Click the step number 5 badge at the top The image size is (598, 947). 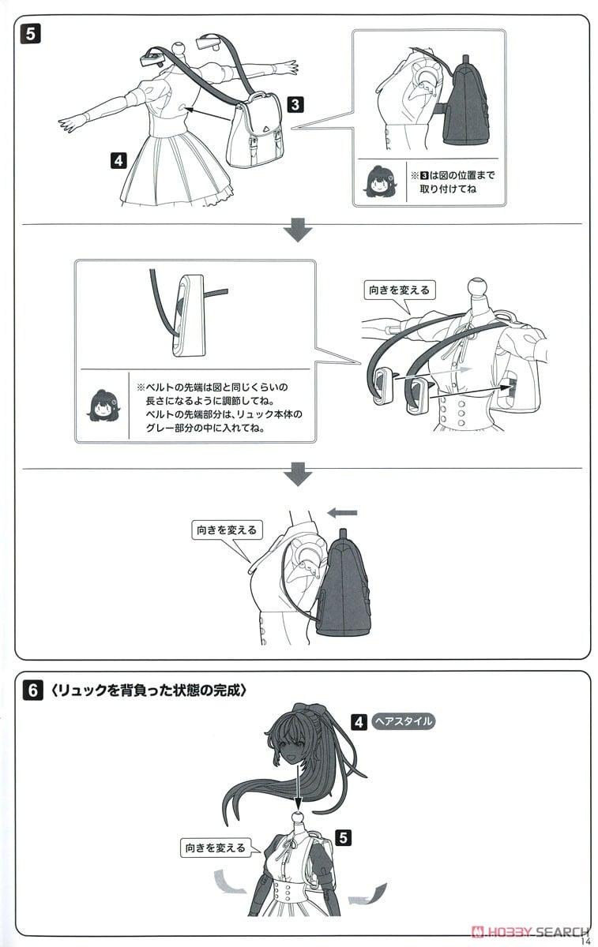coord(31,34)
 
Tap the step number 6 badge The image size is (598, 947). coord(32,691)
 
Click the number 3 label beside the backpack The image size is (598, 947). coord(295,104)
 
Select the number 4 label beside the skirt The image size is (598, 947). coord(119,160)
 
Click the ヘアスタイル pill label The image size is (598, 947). coord(404,721)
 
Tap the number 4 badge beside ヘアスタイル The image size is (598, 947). coord(359,722)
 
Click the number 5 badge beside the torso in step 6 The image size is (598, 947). coord(343,837)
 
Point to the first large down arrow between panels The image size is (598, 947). coord(298,230)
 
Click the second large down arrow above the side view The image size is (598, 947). coord(298,474)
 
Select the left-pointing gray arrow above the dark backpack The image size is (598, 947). coord(342,513)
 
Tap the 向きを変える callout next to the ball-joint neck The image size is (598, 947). coord(400,290)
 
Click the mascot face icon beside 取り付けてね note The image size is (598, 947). coord(382,182)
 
